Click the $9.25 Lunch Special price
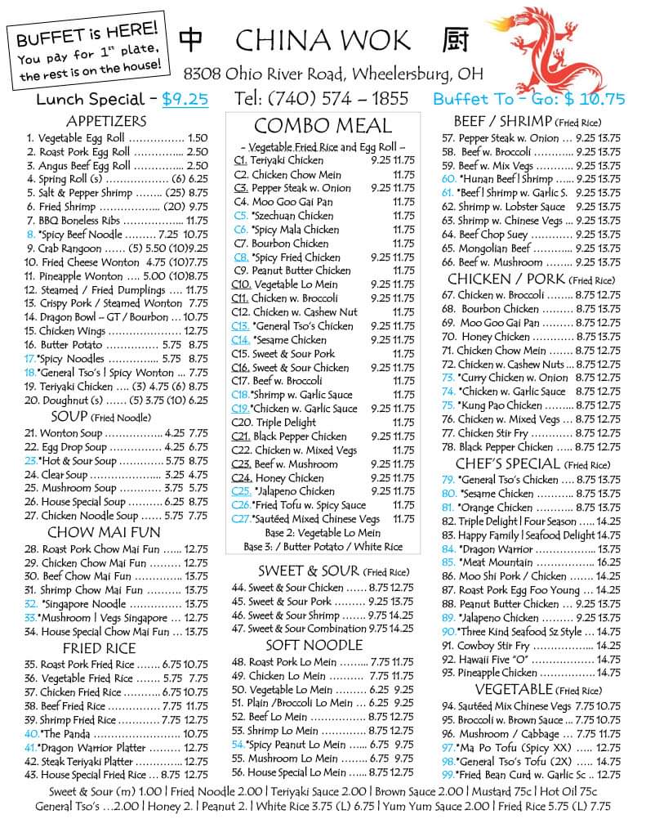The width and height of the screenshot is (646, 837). (185, 100)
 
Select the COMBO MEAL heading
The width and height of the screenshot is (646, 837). (323, 126)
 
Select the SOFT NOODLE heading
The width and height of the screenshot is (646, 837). (321, 645)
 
